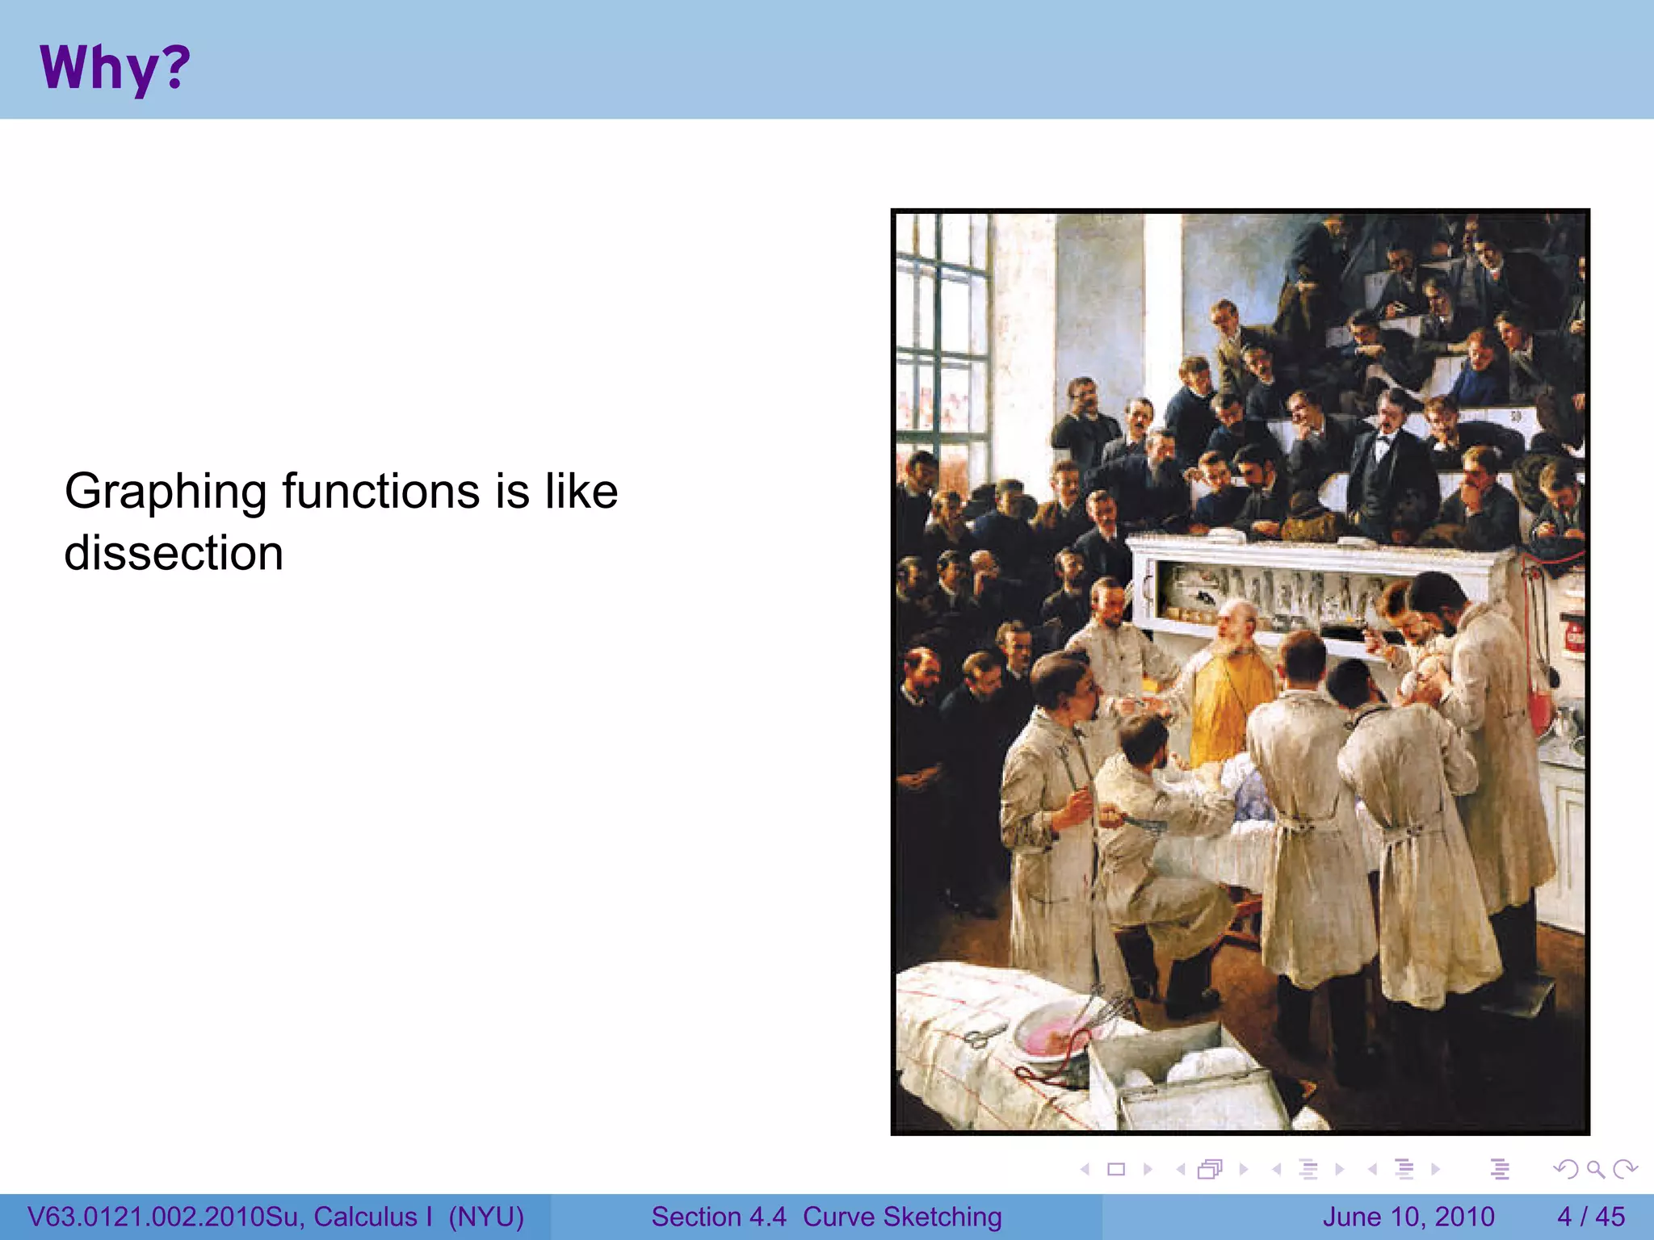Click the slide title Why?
pyautogui.click(x=115, y=68)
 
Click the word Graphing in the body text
pyautogui.click(x=166, y=492)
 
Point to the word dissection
pyautogui.click(x=174, y=554)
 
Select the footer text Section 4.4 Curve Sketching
pyautogui.click(x=826, y=1217)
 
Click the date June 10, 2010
pyautogui.click(x=1408, y=1217)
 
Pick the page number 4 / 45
pyautogui.click(x=1590, y=1217)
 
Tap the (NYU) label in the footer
pyautogui.click(x=486, y=1217)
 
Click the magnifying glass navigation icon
pyautogui.click(x=1595, y=1169)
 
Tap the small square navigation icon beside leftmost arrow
pyautogui.click(x=1116, y=1169)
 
